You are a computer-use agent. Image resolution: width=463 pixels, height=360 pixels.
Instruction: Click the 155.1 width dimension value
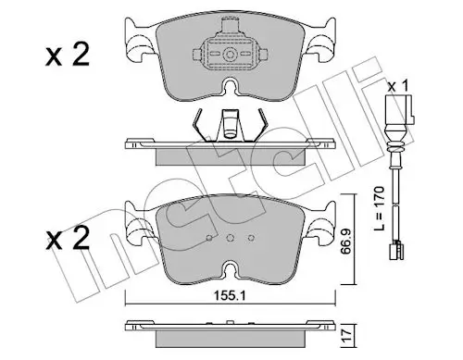coord(230,296)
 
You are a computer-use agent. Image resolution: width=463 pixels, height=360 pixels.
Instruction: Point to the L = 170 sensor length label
coord(379,208)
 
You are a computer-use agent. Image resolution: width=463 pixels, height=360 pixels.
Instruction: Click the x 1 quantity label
coord(398,86)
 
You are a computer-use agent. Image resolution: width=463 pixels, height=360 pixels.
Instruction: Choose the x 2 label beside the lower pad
coord(68,238)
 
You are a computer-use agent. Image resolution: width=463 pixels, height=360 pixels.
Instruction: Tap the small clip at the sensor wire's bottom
coord(396,251)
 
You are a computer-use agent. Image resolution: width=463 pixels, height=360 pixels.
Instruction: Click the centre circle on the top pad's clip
coord(229,56)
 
